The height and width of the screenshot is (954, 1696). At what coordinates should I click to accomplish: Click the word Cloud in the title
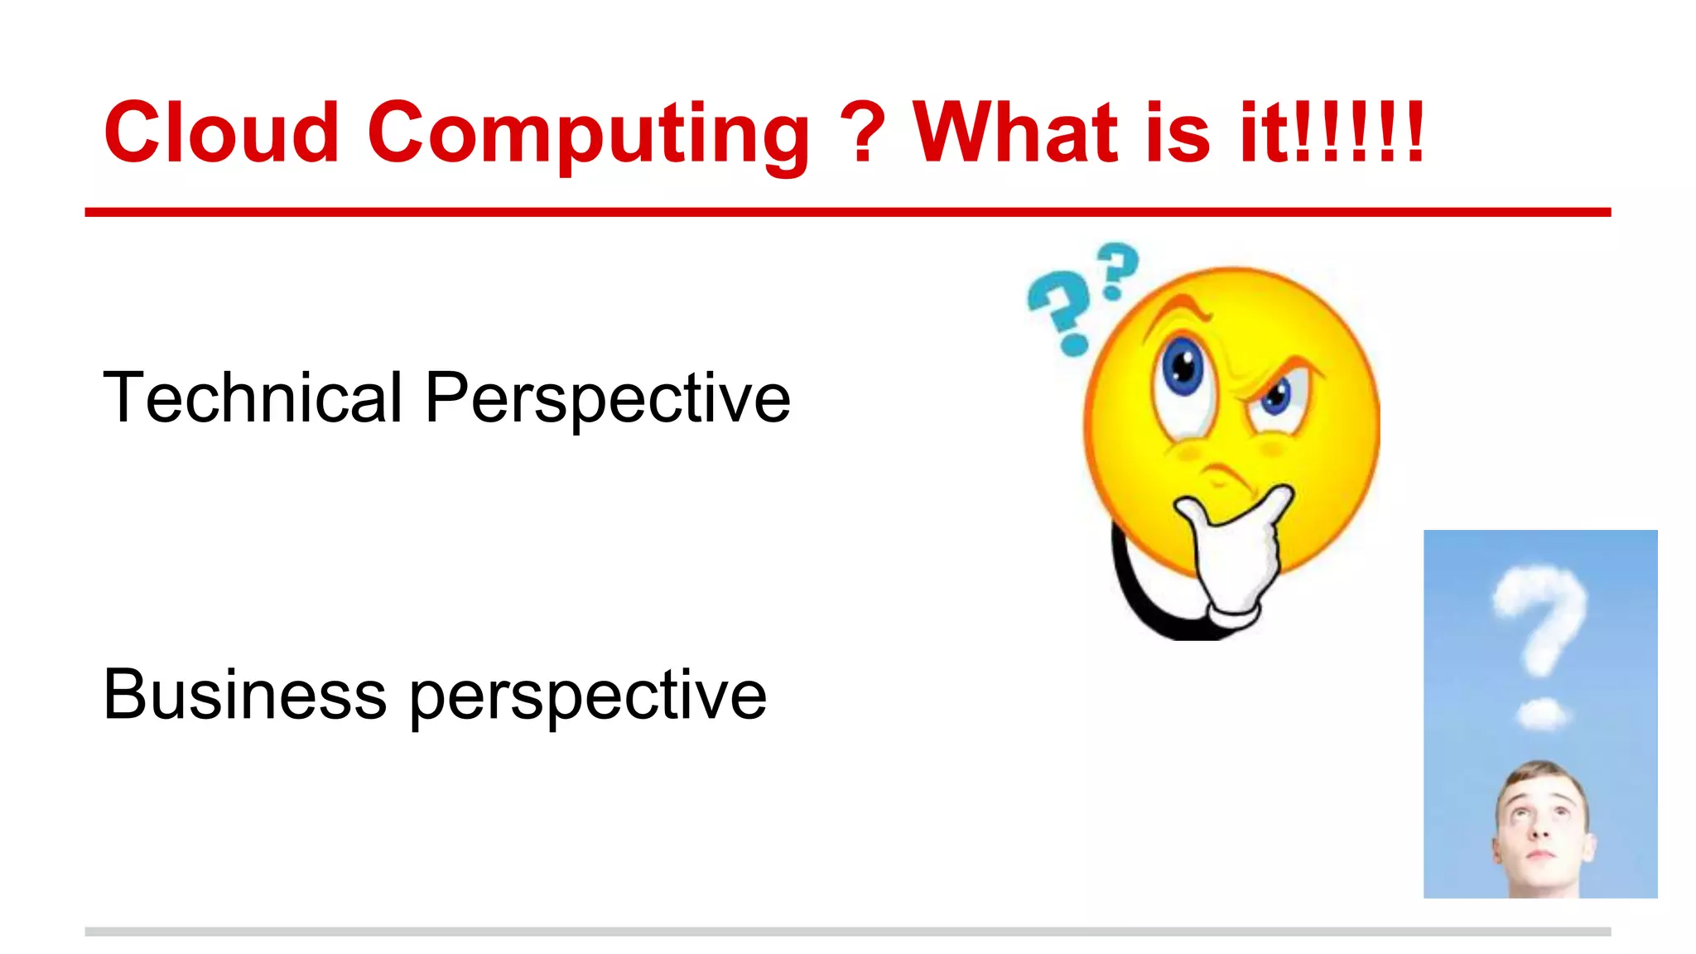222,132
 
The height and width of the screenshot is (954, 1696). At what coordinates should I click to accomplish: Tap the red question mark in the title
862,132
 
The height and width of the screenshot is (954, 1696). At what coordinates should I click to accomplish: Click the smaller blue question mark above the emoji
1118,269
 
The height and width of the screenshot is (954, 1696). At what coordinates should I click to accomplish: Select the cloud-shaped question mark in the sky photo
1540,617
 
